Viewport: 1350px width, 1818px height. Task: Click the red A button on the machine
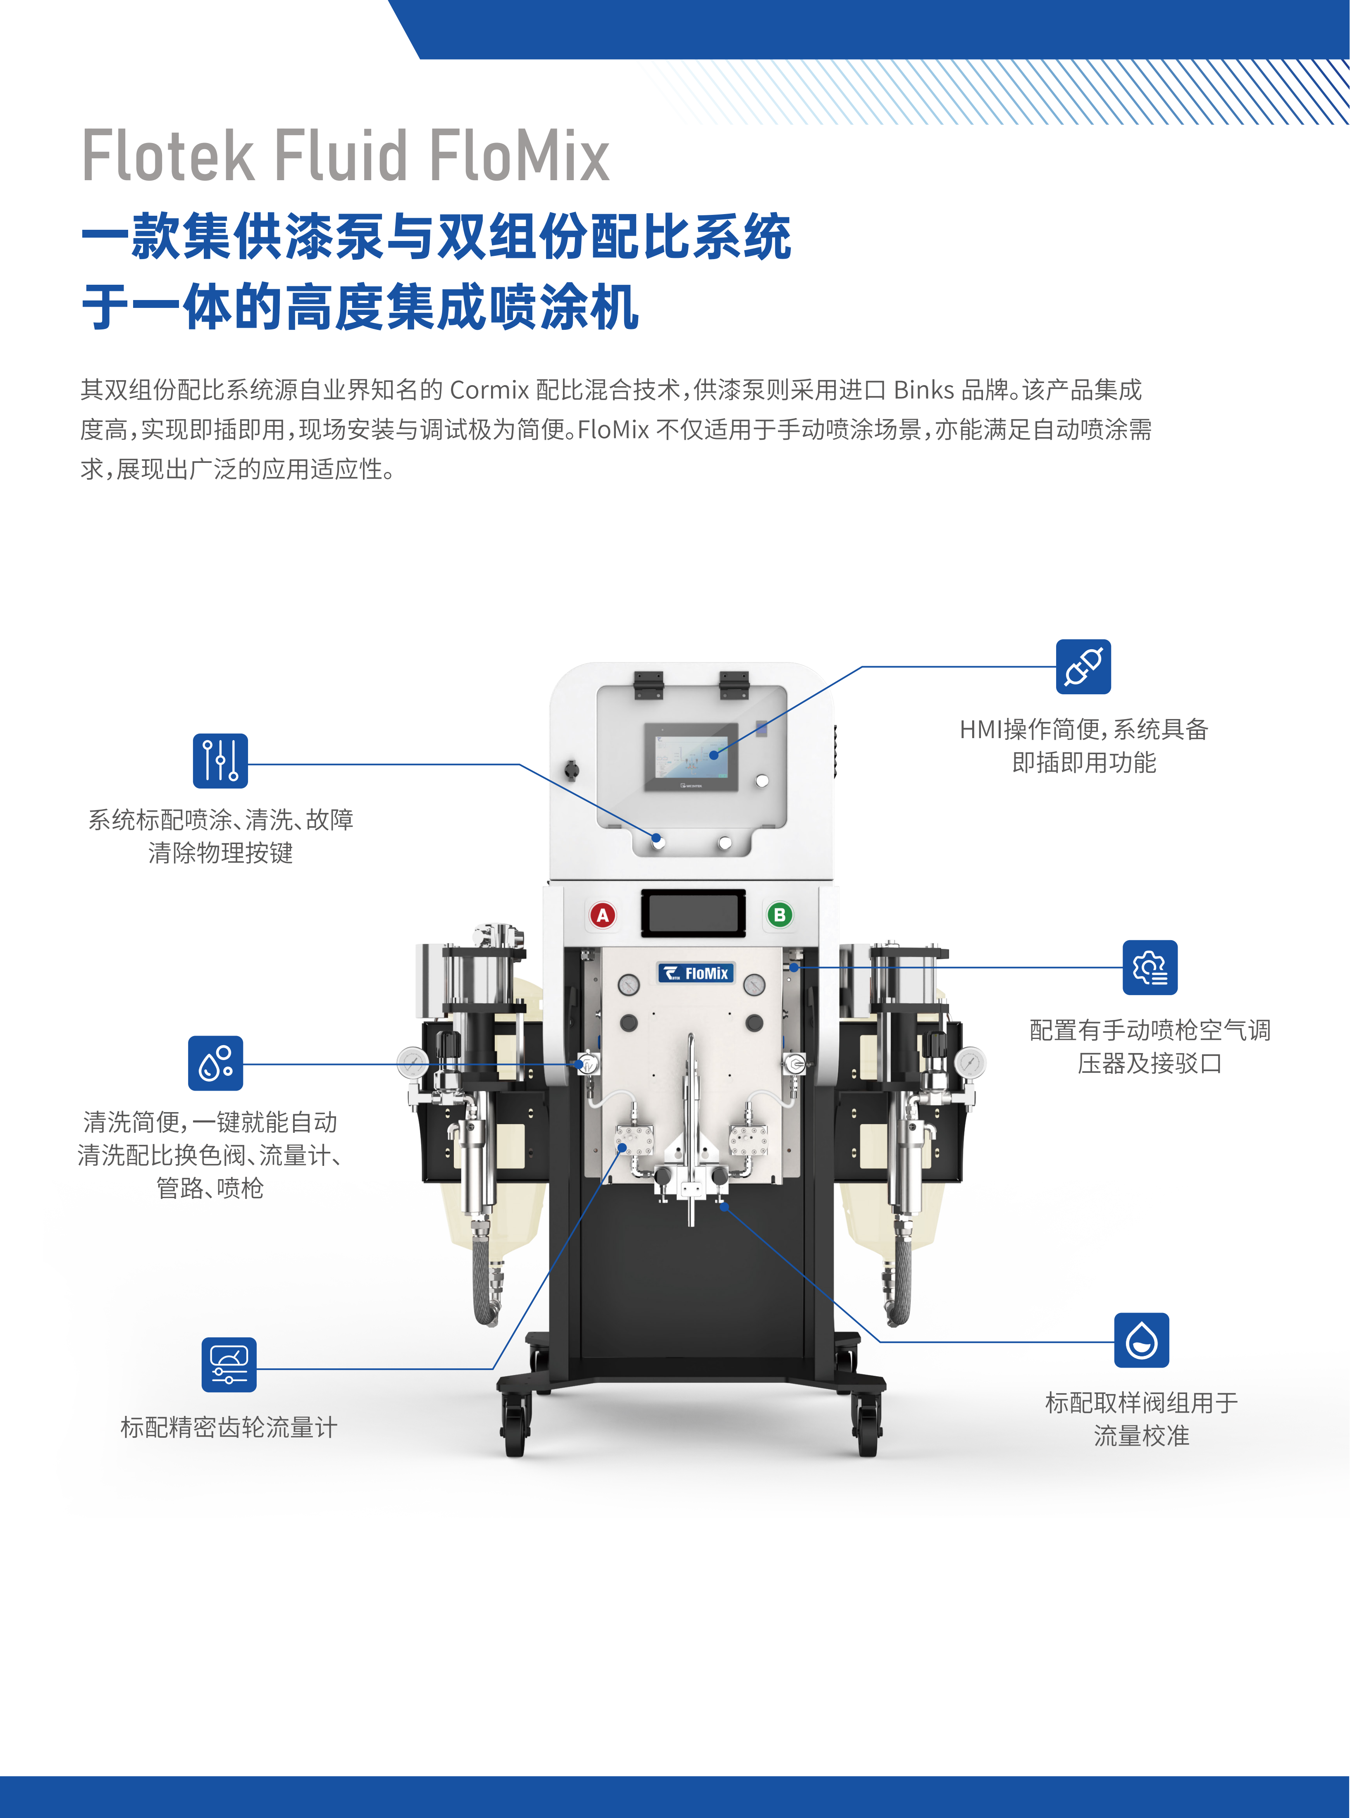click(603, 915)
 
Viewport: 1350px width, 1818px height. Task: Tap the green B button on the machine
click(780, 915)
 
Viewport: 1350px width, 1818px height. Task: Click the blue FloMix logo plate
click(696, 972)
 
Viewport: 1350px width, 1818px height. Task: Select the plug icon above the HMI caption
click(1083, 667)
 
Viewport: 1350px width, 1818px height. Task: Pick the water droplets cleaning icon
click(216, 1063)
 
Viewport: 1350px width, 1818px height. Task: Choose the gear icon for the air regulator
click(1150, 967)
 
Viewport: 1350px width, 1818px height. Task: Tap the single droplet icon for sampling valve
click(1142, 1340)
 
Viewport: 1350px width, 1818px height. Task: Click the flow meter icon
click(229, 1365)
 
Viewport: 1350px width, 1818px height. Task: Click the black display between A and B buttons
click(693, 913)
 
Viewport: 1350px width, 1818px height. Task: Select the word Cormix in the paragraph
click(489, 390)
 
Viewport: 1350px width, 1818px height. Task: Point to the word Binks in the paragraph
click(923, 390)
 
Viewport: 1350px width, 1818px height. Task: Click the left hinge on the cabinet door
click(648, 685)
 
